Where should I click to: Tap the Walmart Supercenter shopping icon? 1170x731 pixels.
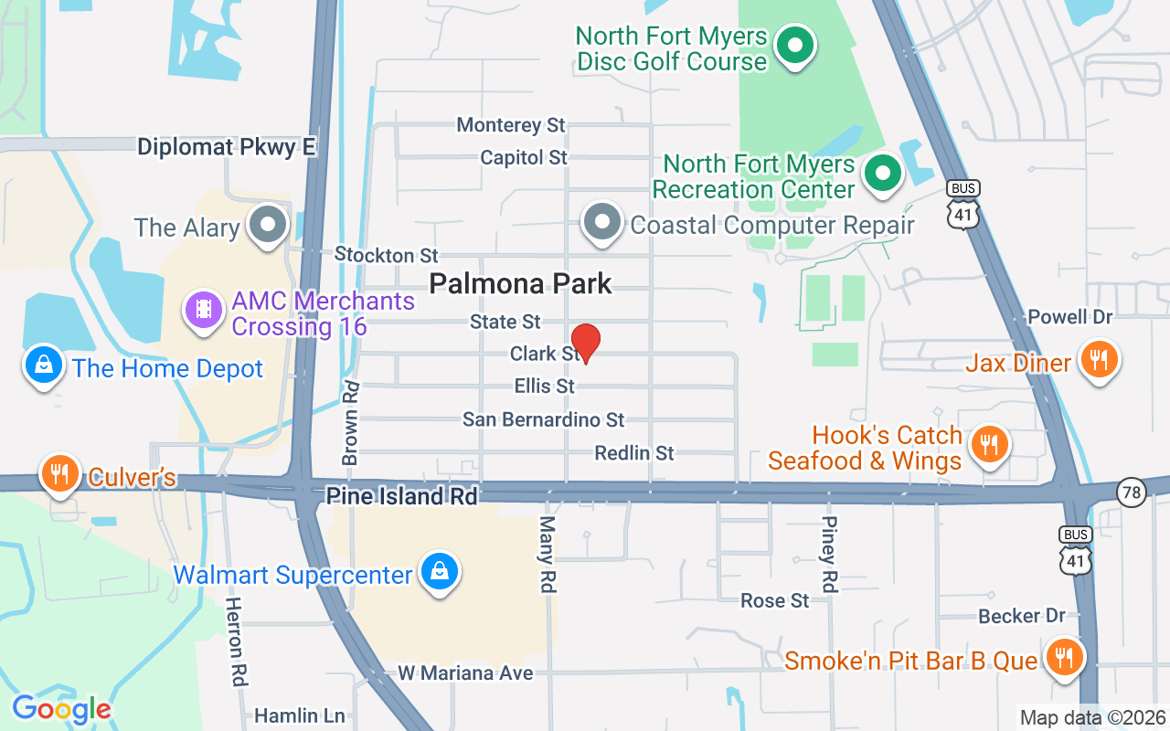(x=440, y=573)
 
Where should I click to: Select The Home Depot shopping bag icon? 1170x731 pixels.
(x=43, y=365)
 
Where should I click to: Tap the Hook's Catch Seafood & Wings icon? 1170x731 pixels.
(x=989, y=445)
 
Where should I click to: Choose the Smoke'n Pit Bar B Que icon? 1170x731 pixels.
(x=1062, y=657)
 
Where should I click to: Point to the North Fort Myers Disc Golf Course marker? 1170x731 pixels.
(x=795, y=45)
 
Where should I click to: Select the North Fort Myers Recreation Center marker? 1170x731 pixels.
(x=883, y=173)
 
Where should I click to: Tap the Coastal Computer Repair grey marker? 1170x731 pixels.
(x=602, y=222)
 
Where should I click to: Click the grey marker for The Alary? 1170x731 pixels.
(x=269, y=225)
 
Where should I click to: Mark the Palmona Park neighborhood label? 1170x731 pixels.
(x=520, y=284)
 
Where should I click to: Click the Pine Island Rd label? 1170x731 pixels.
(x=402, y=496)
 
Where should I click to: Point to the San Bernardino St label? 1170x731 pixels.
(x=543, y=419)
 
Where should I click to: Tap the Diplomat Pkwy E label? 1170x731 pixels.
(x=227, y=147)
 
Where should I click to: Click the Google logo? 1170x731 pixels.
(x=62, y=708)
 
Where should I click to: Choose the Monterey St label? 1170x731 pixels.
(x=511, y=124)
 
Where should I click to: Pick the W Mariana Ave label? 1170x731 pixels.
(x=465, y=673)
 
